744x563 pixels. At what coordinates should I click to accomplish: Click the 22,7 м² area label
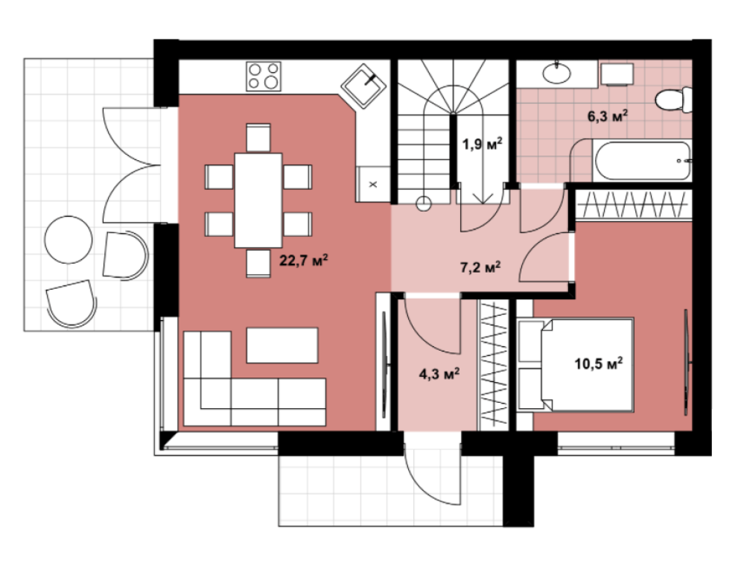pyautogui.click(x=304, y=261)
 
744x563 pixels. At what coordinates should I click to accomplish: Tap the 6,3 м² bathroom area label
pyautogui.click(x=608, y=116)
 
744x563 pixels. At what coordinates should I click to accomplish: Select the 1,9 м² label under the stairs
pyautogui.click(x=482, y=144)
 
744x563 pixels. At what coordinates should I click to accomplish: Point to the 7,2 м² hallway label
pyautogui.click(x=480, y=267)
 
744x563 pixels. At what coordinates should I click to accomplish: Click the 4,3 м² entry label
pyautogui.click(x=439, y=375)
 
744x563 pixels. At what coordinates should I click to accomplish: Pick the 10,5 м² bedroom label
pyautogui.click(x=598, y=364)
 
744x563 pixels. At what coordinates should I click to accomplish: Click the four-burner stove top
pyautogui.click(x=264, y=76)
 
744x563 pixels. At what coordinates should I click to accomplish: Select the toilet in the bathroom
pyautogui.click(x=674, y=100)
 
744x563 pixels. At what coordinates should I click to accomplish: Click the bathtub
pyautogui.click(x=642, y=160)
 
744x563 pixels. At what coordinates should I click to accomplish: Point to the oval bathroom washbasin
pyautogui.click(x=556, y=73)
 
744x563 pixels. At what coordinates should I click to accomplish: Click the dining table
pyautogui.click(x=258, y=200)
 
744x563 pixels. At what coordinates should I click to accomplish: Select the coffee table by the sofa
pyautogui.click(x=282, y=346)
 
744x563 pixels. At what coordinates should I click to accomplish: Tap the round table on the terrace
pyautogui.click(x=69, y=240)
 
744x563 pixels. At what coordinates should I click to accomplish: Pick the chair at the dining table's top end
pyautogui.click(x=258, y=138)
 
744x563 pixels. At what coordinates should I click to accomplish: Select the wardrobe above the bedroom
pyautogui.click(x=634, y=205)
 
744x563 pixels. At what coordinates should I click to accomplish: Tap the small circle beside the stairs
pyautogui.click(x=423, y=204)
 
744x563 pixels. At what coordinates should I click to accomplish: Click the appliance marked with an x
pyautogui.click(x=373, y=184)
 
